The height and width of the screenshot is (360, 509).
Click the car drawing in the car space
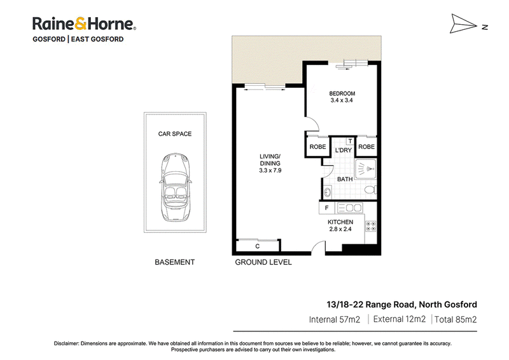[x=176, y=187]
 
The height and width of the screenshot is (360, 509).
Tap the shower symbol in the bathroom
[x=366, y=169]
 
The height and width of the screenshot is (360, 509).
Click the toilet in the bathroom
[x=370, y=190]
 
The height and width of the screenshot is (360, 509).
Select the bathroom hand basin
[x=327, y=192]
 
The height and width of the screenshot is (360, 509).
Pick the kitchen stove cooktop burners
[x=371, y=226]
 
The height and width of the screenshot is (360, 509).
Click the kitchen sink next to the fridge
[x=349, y=208]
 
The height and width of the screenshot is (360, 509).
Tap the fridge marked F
[x=327, y=208]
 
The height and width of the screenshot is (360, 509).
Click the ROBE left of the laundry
[x=317, y=147]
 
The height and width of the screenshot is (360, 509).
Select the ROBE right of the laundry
[x=366, y=147]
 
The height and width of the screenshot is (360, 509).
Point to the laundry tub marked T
[x=351, y=141]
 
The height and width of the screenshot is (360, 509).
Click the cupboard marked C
[x=258, y=246]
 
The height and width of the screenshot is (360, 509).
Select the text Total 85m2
[x=456, y=319]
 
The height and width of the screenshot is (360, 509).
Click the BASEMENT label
[x=174, y=262]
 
